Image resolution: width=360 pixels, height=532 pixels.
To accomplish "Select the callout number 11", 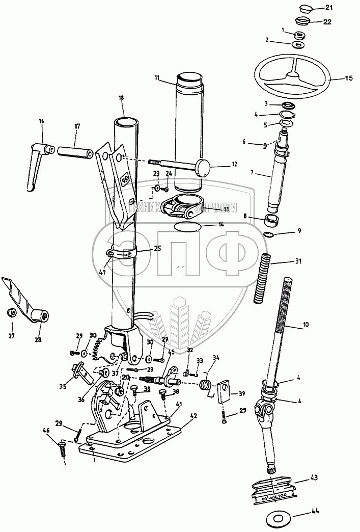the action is pos(157,77).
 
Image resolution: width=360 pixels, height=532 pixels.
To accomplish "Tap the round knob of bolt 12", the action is pos(203,167).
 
